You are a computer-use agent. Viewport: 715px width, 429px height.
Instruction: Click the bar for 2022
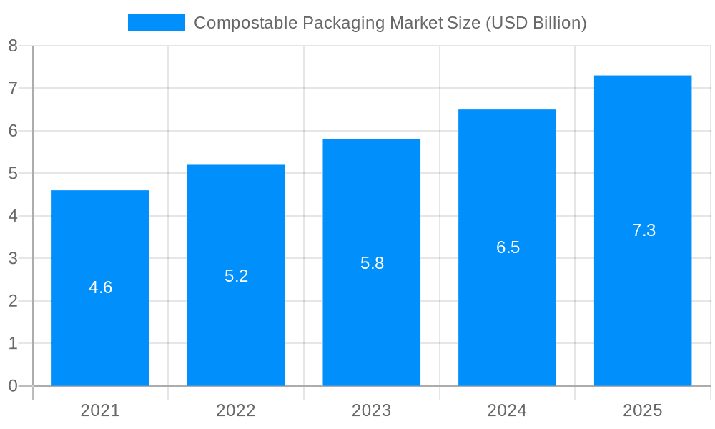[236, 329]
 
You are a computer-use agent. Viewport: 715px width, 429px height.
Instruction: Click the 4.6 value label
[100, 287]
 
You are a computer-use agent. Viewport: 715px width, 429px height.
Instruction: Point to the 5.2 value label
[236, 276]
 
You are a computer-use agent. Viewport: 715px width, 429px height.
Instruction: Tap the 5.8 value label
[372, 263]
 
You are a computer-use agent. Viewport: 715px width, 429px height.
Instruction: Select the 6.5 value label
[508, 247]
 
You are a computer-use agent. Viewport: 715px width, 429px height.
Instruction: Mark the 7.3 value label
[643, 230]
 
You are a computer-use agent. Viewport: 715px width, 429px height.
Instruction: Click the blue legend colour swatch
[156, 23]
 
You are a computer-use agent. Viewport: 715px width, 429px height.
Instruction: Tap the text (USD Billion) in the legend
[536, 23]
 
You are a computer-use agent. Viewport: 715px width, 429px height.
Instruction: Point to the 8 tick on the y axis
[13, 46]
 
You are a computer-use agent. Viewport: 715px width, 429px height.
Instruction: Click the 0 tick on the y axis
[13, 386]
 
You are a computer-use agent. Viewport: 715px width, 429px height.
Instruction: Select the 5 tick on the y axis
[13, 174]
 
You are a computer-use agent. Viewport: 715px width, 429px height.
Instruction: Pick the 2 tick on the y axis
[13, 301]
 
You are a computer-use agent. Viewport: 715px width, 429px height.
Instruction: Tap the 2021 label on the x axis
[100, 410]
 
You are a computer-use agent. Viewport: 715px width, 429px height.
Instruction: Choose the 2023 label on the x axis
[371, 410]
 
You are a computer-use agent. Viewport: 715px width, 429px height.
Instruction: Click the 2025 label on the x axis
[643, 410]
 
